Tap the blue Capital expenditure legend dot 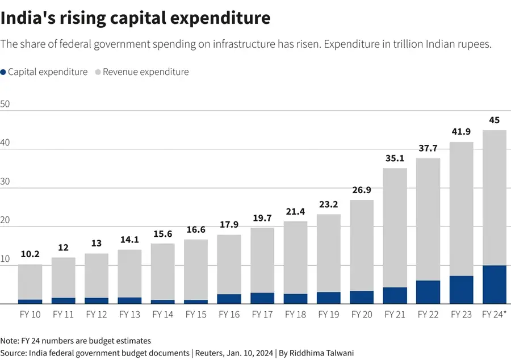[x=3, y=72]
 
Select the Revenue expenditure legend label [x=145, y=72]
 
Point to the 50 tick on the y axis [x=6, y=104]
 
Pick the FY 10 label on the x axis [x=30, y=314]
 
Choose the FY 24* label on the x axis [x=494, y=314]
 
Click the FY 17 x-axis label [x=263, y=314]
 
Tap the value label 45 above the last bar [x=494, y=120]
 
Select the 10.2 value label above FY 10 [x=30, y=254]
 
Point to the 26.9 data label [x=362, y=190]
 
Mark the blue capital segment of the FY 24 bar [x=494, y=284]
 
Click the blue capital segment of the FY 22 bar [x=428, y=292]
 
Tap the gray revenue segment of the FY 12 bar [x=97, y=275]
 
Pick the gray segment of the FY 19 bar [x=329, y=253]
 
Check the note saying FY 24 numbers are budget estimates [x=76, y=341]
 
